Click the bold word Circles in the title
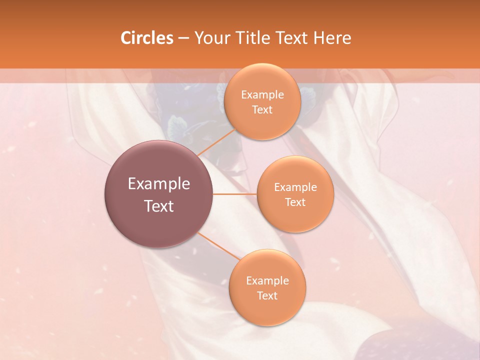[x=146, y=38]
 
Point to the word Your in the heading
[x=209, y=38]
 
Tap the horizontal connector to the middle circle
[x=234, y=194]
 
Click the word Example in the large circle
[x=158, y=184]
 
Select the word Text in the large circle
[x=158, y=206]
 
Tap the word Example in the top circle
[x=262, y=94]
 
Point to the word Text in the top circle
[x=262, y=109]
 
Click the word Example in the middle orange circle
[x=295, y=187]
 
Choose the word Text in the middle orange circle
[x=295, y=202]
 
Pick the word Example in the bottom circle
[x=267, y=280]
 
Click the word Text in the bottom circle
[x=267, y=295]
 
